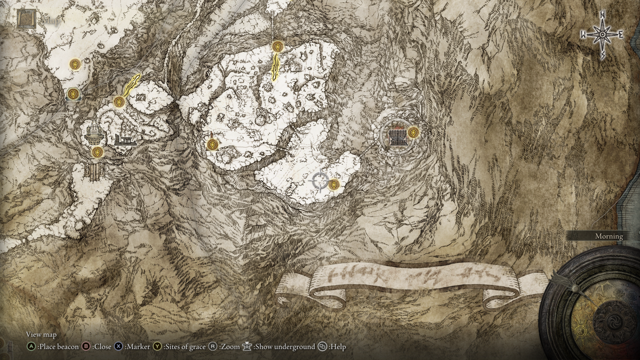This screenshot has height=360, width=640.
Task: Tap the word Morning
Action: pyautogui.click(x=609, y=236)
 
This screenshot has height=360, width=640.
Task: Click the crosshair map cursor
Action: pyautogui.click(x=318, y=181)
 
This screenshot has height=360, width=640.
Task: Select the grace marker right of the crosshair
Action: pyautogui.click(x=334, y=185)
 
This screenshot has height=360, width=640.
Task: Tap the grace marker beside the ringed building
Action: pyautogui.click(x=413, y=132)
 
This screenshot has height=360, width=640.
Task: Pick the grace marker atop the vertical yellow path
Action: pyautogui.click(x=277, y=46)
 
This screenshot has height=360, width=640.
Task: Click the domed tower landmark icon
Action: pyautogui.click(x=94, y=134)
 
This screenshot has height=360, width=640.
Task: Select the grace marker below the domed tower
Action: pyautogui.click(x=97, y=153)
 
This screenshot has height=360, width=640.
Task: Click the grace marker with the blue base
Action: pyautogui.click(x=74, y=94)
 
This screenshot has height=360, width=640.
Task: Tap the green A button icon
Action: pyautogui.click(x=31, y=347)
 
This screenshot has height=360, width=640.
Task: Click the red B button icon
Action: pyautogui.click(x=86, y=347)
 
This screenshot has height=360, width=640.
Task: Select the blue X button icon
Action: pyautogui.click(x=119, y=347)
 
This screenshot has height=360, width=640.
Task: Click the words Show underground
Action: pyautogui.click(x=284, y=347)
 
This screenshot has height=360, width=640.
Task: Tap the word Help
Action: pyautogui.click(x=338, y=347)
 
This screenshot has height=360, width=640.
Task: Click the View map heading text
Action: pyautogui.click(x=41, y=334)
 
